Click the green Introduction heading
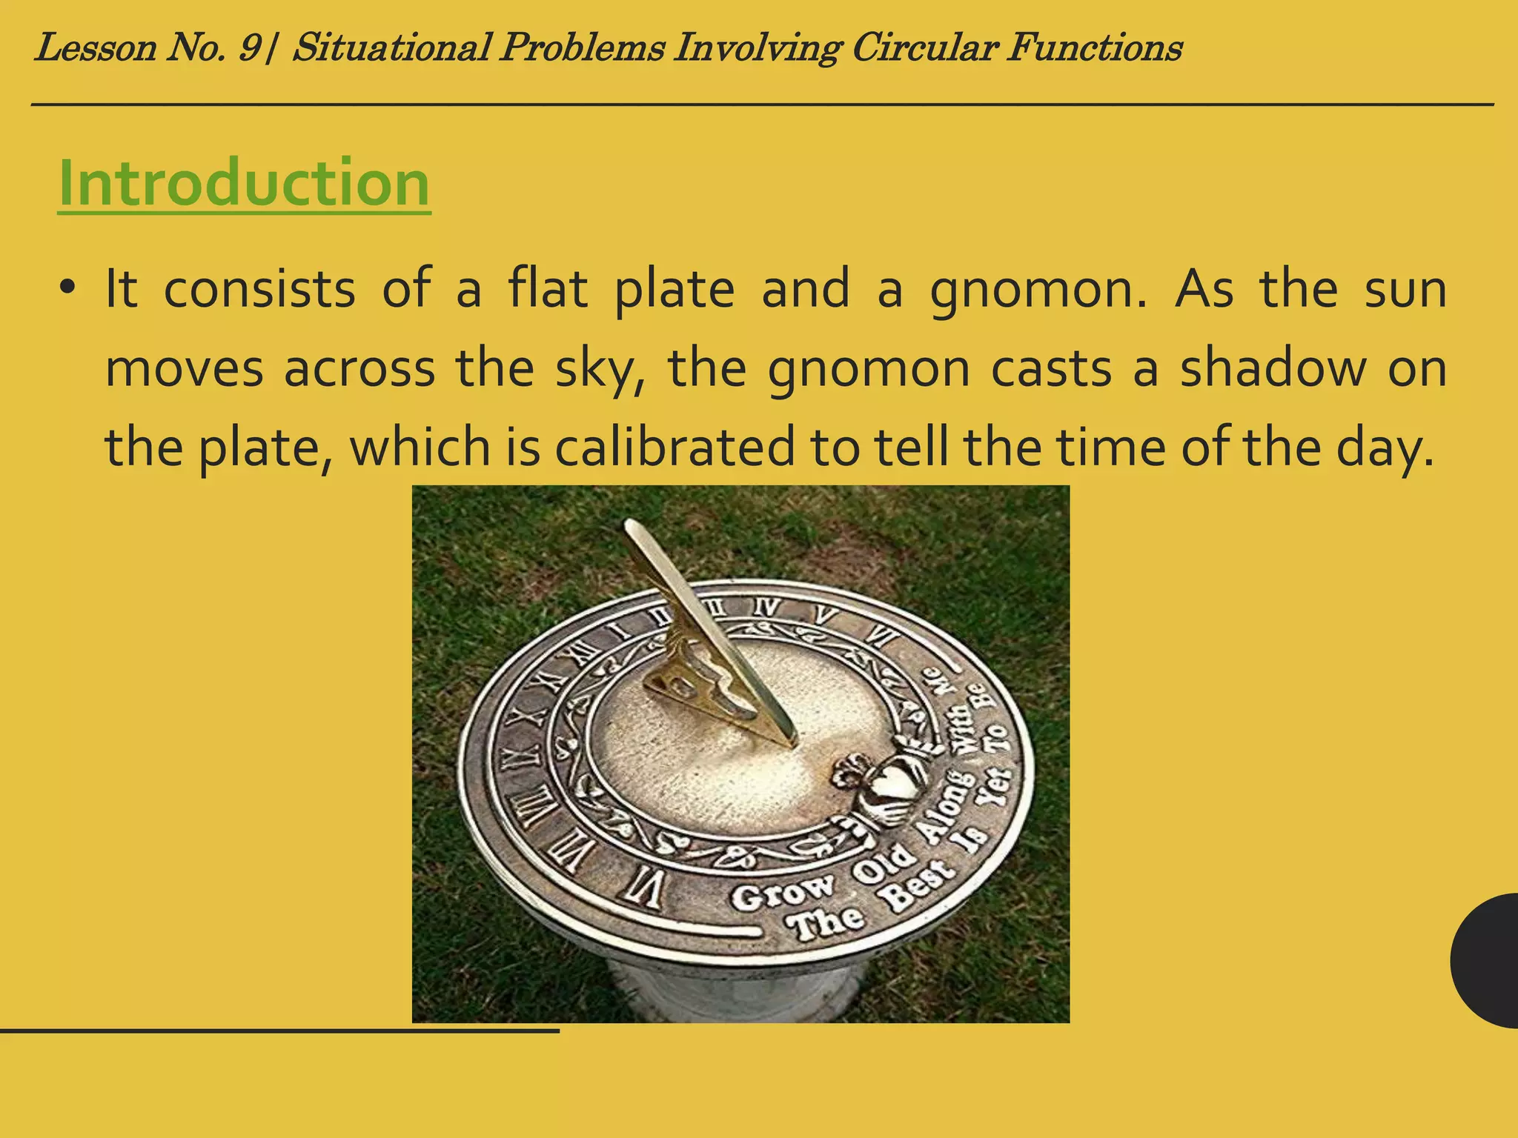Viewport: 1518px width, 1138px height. [x=244, y=183]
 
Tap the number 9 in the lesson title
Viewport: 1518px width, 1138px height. [x=249, y=49]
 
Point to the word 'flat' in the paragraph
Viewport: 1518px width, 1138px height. [x=548, y=289]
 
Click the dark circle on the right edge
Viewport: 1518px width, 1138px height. [x=1486, y=961]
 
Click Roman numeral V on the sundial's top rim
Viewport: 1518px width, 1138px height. [x=824, y=615]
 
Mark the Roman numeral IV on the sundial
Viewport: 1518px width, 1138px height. [x=768, y=608]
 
